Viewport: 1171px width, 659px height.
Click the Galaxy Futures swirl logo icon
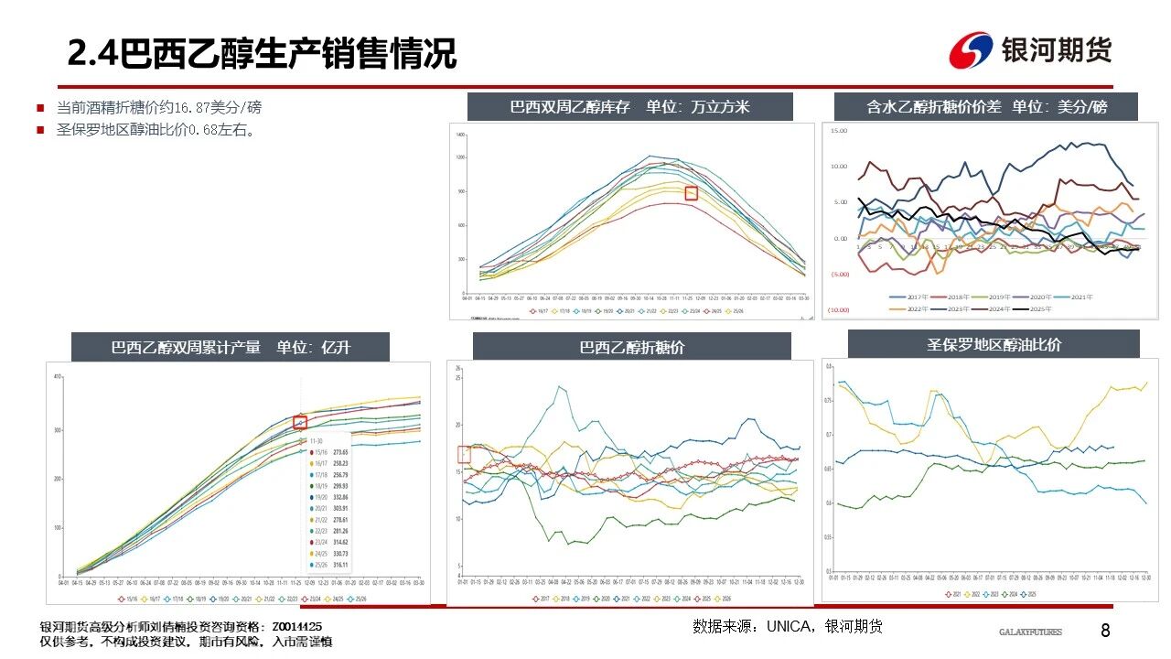point(970,50)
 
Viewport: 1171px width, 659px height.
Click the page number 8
point(1105,631)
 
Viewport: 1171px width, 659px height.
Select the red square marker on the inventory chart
point(692,192)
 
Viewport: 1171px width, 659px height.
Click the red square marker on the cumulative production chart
point(299,422)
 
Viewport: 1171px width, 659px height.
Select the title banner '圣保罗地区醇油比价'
point(994,345)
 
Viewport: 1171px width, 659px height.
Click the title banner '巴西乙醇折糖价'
point(631,348)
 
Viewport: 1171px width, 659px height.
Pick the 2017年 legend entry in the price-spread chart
point(913,297)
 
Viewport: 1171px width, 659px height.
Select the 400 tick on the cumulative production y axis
point(57,377)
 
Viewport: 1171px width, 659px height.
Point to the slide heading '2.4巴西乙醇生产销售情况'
point(262,54)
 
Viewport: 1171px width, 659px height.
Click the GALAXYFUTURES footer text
point(1029,632)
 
